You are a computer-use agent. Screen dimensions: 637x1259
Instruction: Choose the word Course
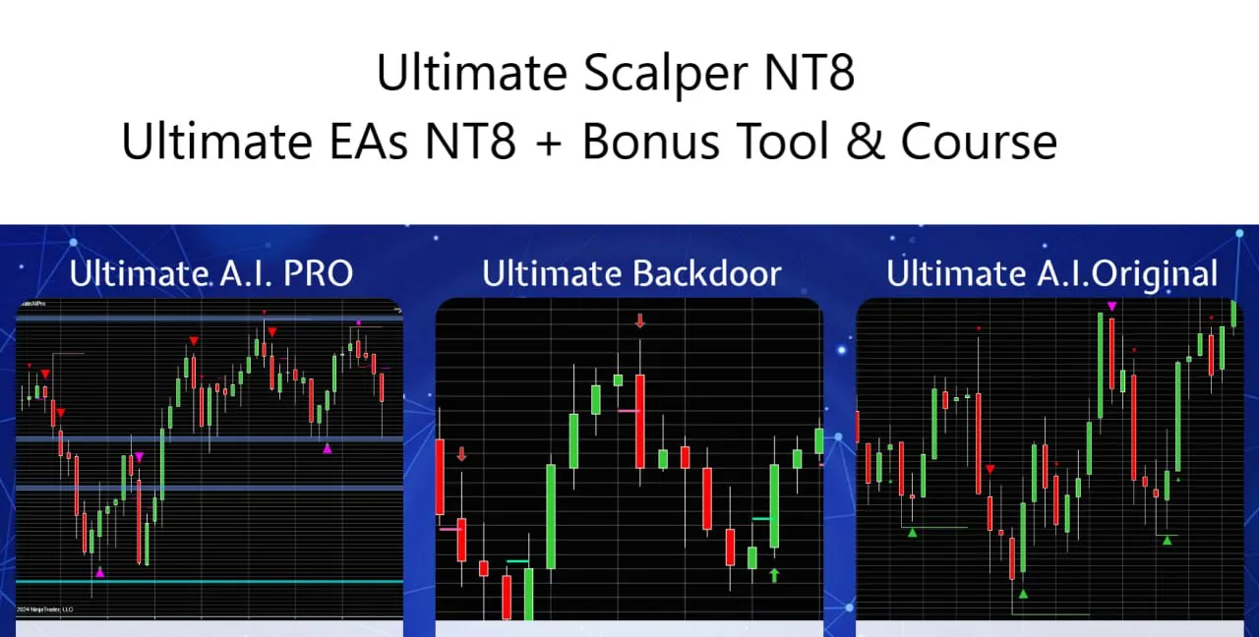(980, 142)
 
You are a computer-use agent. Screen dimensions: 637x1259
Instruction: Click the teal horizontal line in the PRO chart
(210, 581)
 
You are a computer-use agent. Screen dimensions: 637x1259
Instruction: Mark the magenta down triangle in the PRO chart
(140, 457)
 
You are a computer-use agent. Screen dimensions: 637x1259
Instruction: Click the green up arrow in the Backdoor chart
(774, 575)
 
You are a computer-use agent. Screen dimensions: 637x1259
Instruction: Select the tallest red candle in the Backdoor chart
(640, 421)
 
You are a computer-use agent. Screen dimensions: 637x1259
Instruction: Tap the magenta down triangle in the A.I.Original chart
(1111, 307)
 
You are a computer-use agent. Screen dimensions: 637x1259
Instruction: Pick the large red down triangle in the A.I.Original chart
(989, 470)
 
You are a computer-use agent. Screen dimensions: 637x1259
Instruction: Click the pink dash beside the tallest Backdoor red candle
(627, 410)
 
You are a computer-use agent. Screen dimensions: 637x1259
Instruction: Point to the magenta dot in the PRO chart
(359, 322)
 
